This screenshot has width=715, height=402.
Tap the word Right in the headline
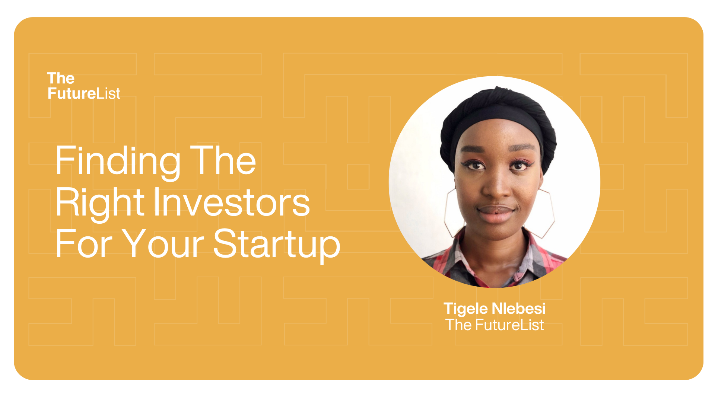coord(100,202)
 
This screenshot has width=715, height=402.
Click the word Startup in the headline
coord(277,244)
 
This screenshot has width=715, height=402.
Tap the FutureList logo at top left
coord(83,86)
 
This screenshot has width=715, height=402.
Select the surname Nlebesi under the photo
coord(519,308)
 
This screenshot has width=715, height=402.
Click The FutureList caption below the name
coord(495,325)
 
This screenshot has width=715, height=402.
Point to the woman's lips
coord(496,214)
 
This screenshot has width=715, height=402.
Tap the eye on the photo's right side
coord(519,166)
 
